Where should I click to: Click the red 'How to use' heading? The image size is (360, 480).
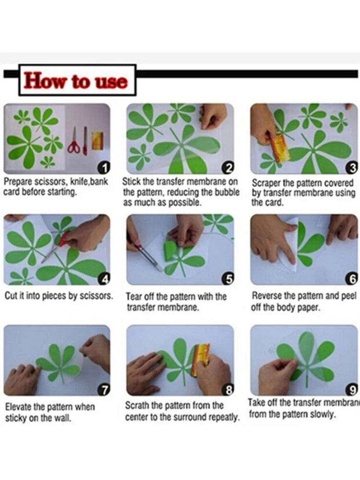pos(76,81)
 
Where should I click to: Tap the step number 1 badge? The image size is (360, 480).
pos(105,168)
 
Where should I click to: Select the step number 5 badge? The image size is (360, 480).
pos(228,279)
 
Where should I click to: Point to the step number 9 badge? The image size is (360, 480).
pos(352,390)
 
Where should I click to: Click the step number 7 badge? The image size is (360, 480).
pos(104,390)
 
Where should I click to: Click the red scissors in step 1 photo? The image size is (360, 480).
pos(74,141)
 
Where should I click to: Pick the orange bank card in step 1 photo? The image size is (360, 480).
pos(97,141)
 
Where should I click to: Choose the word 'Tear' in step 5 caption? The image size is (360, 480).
pos(133,297)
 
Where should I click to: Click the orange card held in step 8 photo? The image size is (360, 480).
pos(201,358)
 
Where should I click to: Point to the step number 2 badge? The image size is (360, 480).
pos(228,168)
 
